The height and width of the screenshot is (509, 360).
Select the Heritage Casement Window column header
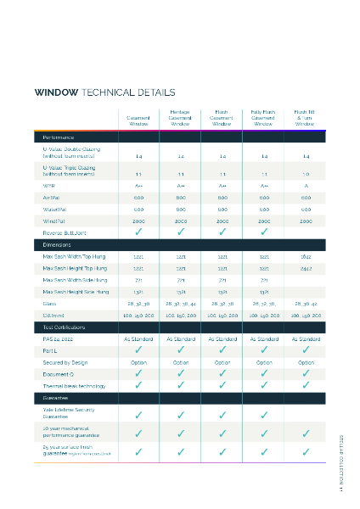[180, 117]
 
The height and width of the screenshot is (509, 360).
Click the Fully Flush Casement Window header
[264, 117]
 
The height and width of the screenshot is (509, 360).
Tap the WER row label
[48, 184]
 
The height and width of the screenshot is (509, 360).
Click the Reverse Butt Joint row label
[65, 232]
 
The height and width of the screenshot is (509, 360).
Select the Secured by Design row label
[65, 362]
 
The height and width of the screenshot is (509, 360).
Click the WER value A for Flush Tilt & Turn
[306, 184]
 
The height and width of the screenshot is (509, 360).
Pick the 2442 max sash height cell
[306, 267]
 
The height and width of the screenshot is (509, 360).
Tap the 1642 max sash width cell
[306, 255]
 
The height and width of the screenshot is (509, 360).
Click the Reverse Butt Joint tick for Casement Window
[138, 232]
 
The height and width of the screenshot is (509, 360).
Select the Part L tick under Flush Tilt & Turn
[306, 350]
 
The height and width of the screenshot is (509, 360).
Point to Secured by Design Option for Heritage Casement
[180, 362]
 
